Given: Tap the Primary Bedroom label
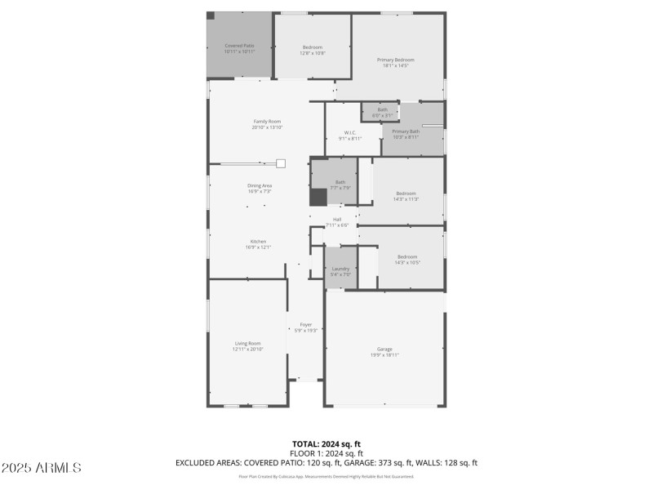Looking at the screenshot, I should coord(396,60).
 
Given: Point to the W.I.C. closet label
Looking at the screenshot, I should coord(350,132).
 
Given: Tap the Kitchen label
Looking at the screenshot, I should coord(258,241).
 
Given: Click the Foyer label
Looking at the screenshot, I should coord(306,324).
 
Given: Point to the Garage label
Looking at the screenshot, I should coord(384,349).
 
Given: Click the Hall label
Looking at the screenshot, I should coord(337,219).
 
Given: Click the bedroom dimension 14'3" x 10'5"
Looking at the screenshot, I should coord(406,262).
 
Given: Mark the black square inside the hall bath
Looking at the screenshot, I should coord(318,197).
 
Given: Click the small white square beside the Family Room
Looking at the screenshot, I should coord(280,163).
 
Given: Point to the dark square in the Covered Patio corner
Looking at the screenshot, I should coord(211,16).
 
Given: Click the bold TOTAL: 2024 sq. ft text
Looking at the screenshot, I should coord(326,444).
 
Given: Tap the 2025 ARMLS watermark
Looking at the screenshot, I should coord(41,468).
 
